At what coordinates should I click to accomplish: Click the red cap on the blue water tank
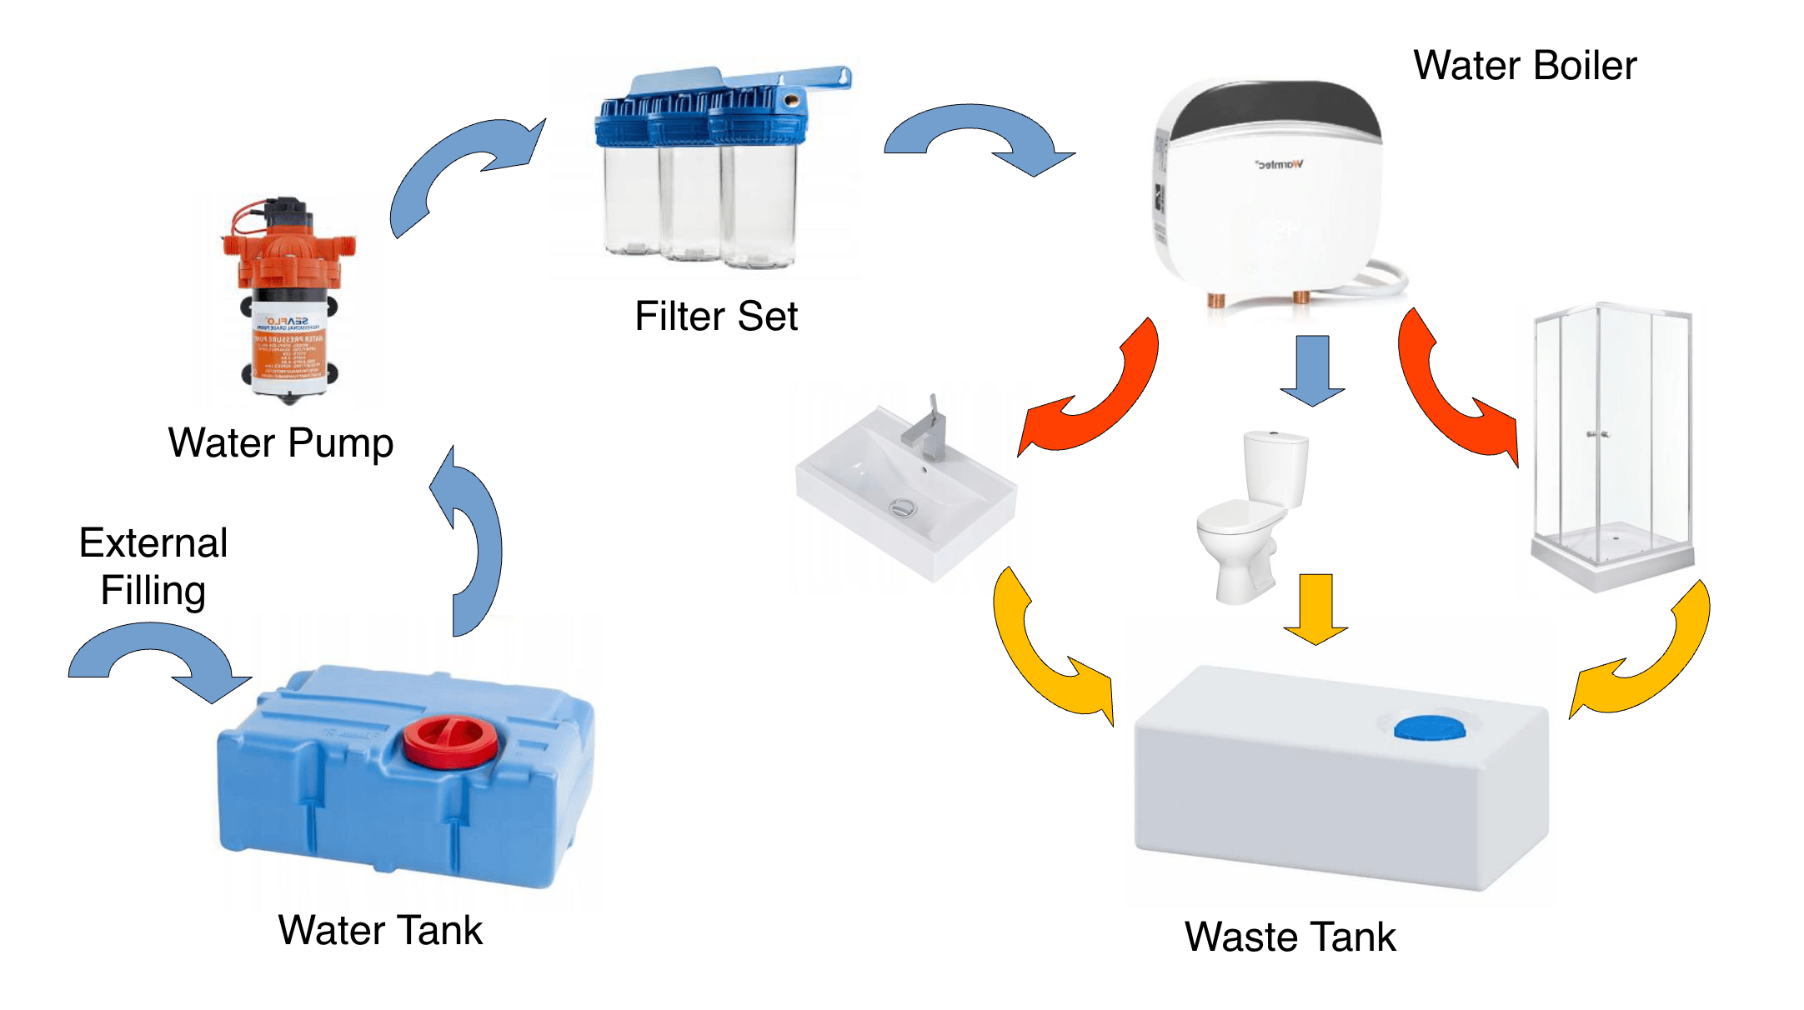click(x=451, y=740)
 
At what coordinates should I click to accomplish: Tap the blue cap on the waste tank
click(x=1429, y=727)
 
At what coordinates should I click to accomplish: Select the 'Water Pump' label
click(x=281, y=442)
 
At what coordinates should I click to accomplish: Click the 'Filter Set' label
click(x=716, y=317)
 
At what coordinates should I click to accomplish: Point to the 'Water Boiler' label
click(x=1525, y=66)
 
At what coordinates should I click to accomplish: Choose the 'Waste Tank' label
click(x=1290, y=937)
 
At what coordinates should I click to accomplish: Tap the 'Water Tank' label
click(x=380, y=930)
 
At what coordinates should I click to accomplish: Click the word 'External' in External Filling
click(x=153, y=543)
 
